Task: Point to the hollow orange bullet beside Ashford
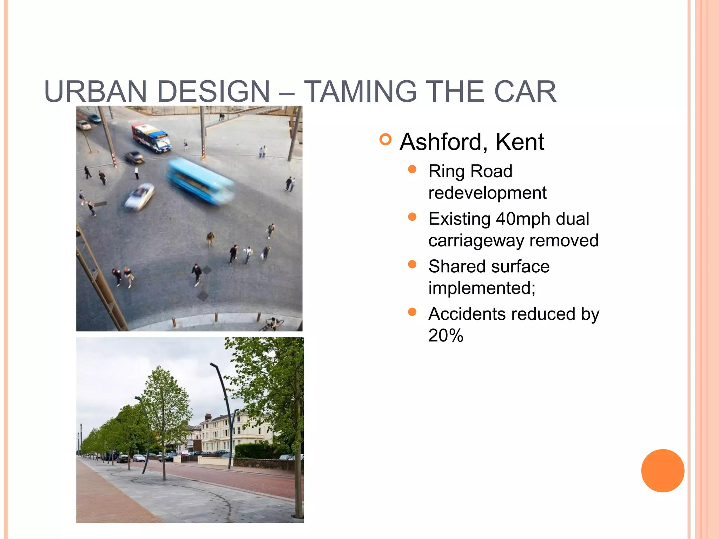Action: tap(385, 140)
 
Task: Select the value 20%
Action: tap(446, 336)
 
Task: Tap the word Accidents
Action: tap(467, 314)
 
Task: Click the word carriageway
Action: tap(476, 241)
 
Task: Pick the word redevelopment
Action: tap(487, 193)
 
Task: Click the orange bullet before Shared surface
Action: tap(412, 265)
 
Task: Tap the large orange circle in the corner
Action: tap(662, 471)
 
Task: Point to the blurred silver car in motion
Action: tap(140, 197)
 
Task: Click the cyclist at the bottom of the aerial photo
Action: tap(272, 324)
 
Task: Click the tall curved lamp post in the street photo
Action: tap(225, 414)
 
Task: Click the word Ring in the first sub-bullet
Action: tap(447, 172)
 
